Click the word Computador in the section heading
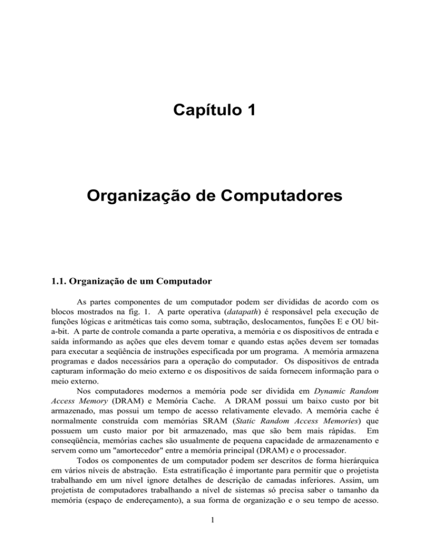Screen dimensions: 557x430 [x=174, y=291]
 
